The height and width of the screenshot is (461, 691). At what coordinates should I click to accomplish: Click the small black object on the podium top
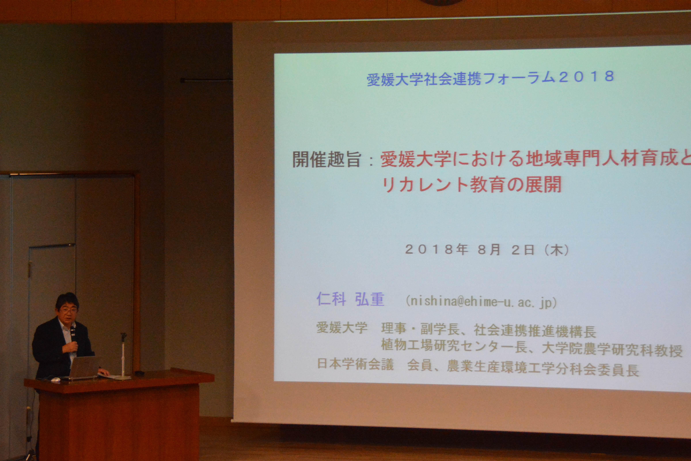[139, 373]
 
